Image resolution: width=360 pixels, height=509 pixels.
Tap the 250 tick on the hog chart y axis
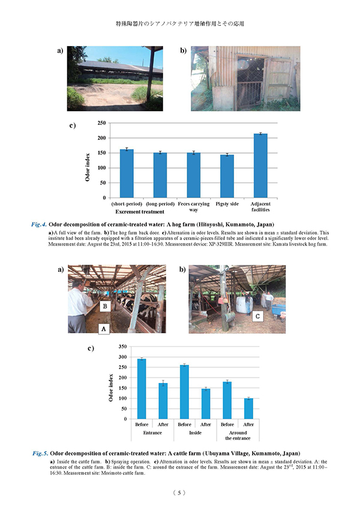[102, 123]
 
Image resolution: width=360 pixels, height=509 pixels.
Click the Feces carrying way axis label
[193, 207]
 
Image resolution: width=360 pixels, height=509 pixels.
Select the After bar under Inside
[206, 403]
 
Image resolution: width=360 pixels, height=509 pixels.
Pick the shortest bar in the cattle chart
[248, 408]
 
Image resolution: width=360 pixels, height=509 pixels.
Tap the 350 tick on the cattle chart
[122, 347]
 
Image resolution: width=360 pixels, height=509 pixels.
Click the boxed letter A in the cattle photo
[103, 329]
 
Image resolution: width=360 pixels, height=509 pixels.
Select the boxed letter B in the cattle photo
[104, 307]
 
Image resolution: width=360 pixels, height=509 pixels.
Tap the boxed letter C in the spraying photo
[256, 316]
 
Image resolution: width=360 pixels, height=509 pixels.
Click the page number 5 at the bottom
[179, 493]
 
